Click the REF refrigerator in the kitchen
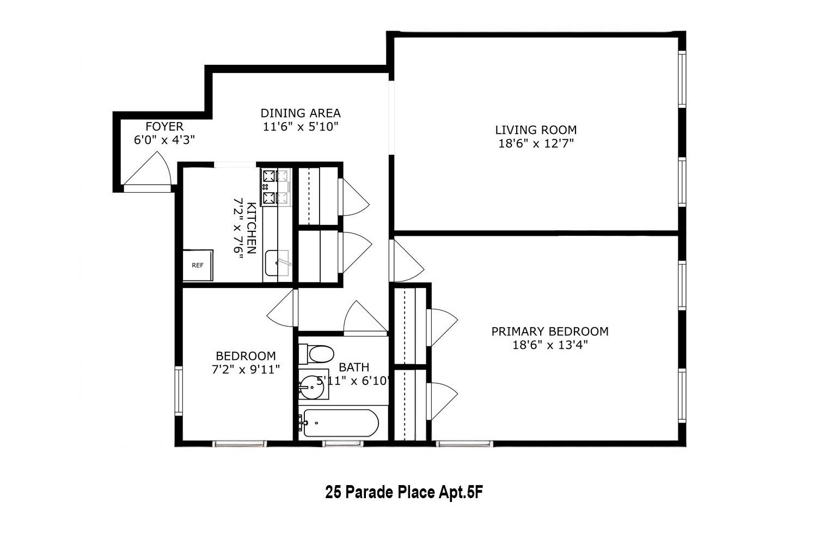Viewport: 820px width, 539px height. pos(197,265)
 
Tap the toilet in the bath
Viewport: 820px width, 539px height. pos(317,354)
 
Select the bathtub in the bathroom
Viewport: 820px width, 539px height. pos(340,423)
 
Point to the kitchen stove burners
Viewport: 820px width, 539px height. pos(276,187)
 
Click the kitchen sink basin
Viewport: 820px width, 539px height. pos(277,264)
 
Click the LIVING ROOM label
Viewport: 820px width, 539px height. pos(536,130)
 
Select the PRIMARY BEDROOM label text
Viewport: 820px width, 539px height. pos(550,332)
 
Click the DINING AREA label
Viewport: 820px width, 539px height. pos(301,113)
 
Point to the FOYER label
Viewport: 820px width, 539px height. pos(164,127)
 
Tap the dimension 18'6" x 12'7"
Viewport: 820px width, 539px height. pos(536,144)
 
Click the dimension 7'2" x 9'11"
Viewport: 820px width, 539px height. pos(246,370)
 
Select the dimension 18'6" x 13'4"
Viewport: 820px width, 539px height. pos(550,345)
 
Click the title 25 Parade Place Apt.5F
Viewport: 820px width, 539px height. pos(405,493)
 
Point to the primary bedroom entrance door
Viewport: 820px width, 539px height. pos(406,261)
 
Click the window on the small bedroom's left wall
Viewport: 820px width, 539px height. pos(178,391)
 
